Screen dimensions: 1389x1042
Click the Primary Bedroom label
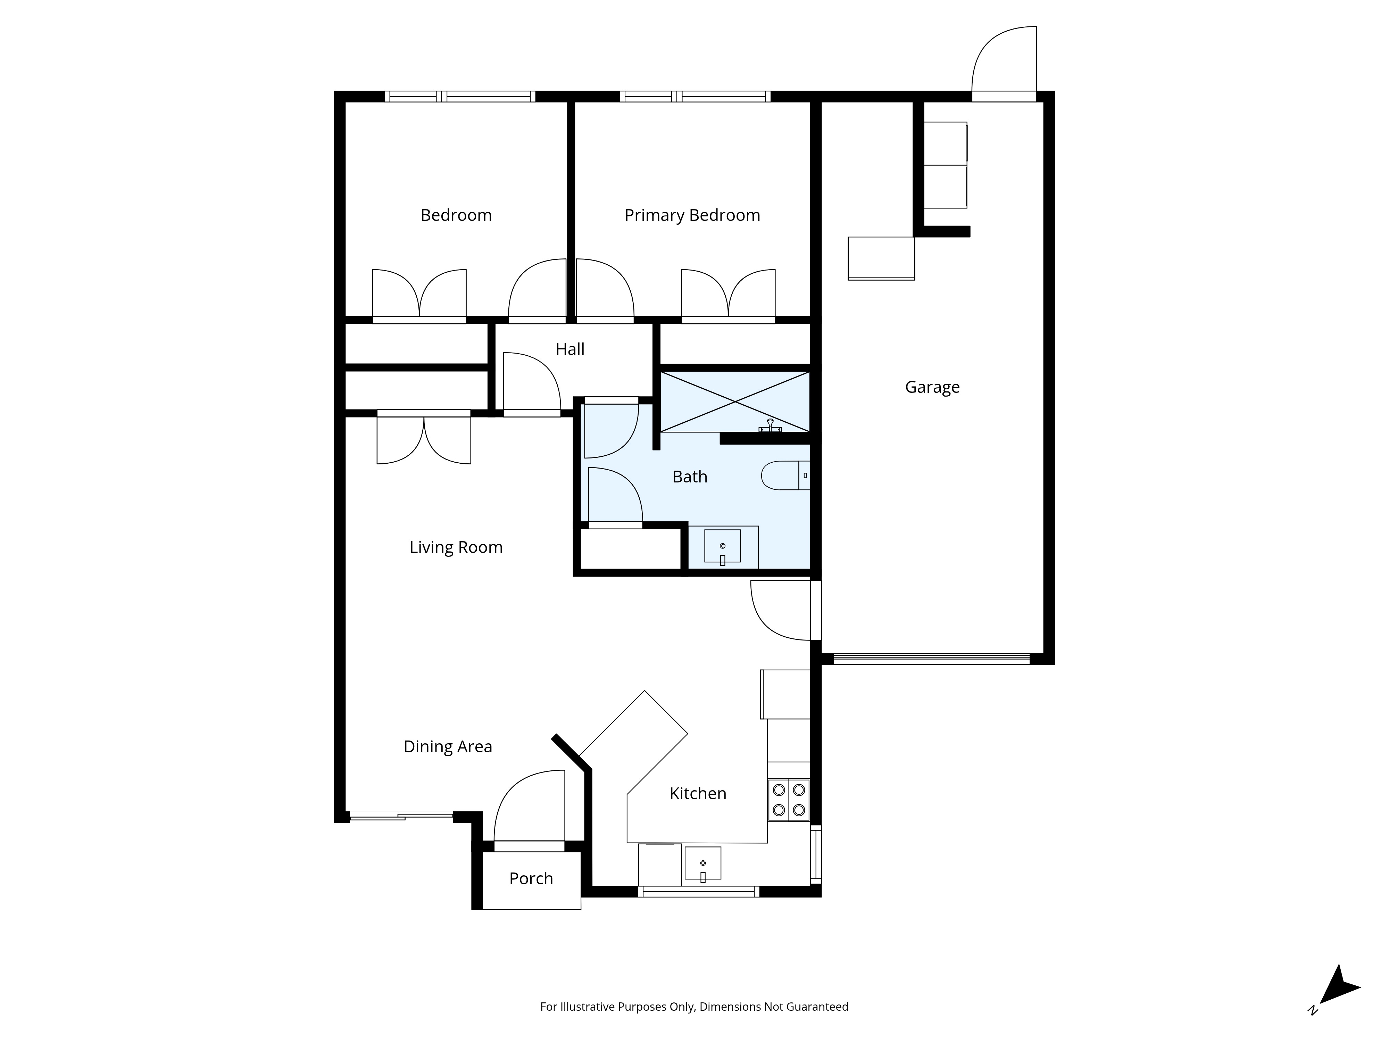[x=692, y=215]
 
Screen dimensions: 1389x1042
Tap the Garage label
[x=932, y=387]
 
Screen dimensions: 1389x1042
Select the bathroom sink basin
[x=722, y=546]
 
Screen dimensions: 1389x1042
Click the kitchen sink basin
[x=703, y=863]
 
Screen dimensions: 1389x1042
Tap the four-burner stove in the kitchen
[x=789, y=800]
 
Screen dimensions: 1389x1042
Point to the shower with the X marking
[x=735, y=402]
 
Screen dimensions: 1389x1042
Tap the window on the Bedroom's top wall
[x=460, y=97]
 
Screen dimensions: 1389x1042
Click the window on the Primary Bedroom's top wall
[x=695, y=97]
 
